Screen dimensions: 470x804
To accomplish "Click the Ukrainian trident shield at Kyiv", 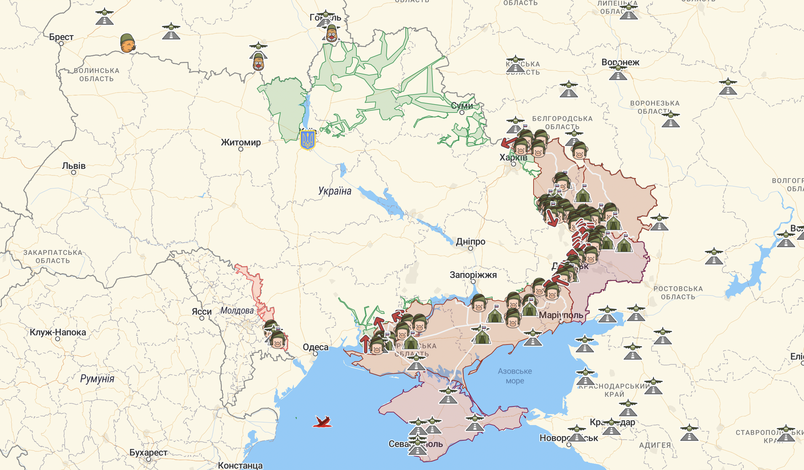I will coord(307,140).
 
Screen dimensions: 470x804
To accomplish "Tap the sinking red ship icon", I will coord(322,422).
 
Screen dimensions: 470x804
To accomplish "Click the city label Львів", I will coord(74,166).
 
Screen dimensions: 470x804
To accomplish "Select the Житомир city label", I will coord(241,142).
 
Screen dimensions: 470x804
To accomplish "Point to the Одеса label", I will coord(315,347).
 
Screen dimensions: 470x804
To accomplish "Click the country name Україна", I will coord(335,191).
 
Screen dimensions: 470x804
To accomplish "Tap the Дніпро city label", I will coord(470,241).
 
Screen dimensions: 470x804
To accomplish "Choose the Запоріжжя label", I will coord(473,275).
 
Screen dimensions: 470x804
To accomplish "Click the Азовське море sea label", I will coord(515,376).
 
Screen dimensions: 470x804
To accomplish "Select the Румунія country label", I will coord(97,379).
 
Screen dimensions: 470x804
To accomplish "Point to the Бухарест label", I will coord(148,453).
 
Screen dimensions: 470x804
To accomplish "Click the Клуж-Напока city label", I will coord(58,332).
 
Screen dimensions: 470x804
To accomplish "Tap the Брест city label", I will coord(61,37).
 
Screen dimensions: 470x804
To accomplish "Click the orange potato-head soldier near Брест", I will coord(128,43).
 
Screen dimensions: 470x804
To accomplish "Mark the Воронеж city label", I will coord(620,62).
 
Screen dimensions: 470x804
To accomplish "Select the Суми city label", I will coord(462,106).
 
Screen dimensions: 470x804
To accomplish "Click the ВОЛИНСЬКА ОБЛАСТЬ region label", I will coord(97,75).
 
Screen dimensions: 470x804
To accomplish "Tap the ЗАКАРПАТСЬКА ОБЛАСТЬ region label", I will coord(53,257).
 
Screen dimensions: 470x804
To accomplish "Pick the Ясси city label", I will coord(201,312).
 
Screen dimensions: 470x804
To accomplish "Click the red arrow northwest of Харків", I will coord(508,143).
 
